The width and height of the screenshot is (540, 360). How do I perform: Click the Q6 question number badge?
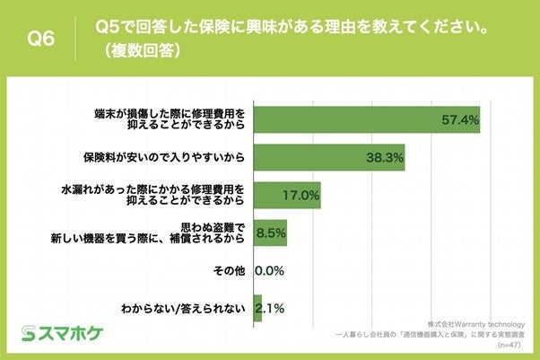pos(39,38)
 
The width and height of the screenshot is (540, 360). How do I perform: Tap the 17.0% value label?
pos(300,195)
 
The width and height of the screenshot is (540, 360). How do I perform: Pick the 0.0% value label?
pos(270,270)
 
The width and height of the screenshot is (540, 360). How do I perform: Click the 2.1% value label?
pos(270,309)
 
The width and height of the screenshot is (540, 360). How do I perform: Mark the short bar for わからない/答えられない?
pos(257,309)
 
